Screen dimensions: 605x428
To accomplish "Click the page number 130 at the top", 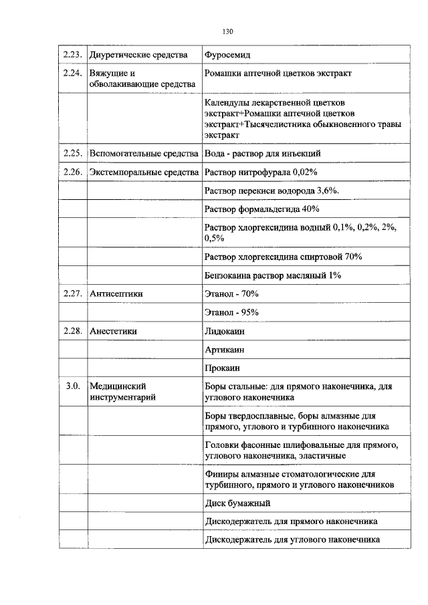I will click(x=227, y=31).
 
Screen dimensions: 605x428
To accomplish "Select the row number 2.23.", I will click(x=72, y=54).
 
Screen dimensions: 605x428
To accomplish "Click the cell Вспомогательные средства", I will click(x=143, y=154).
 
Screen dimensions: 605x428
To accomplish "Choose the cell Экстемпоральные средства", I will click(x=144, y=172).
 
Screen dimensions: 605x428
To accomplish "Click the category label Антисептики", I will click(x=116, y=293).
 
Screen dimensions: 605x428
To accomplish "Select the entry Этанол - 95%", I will click(x=232, y=312).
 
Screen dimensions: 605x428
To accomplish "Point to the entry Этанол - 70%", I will click(x=232, y=293).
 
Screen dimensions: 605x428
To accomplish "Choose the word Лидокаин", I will click(x=226, y=331).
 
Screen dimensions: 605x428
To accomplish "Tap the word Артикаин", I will click(x=225, y=350).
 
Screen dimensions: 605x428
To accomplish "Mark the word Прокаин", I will click(x=223, y=368).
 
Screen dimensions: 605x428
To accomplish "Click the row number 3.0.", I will click(x=73, y=386).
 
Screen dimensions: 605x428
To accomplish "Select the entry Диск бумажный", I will click(x=237, y=503).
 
